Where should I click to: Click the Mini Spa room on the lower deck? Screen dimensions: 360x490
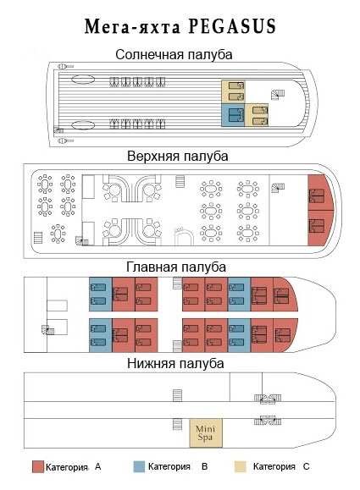206,432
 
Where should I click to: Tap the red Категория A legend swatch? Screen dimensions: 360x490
38,466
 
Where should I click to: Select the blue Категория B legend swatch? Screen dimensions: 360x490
139,466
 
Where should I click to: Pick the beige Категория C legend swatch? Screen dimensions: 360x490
241,466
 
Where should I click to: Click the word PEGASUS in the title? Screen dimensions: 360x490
232,26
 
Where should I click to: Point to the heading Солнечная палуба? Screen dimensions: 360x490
174,55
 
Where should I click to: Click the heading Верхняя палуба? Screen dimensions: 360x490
177,156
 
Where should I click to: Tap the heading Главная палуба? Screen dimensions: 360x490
176,267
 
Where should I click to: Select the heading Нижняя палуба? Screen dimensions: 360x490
175,363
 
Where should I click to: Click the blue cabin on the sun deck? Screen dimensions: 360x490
233,115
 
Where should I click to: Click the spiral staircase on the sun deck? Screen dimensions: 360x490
278,95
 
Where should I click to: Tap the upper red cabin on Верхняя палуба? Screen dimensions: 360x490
320,192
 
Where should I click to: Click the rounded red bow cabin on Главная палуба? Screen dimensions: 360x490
284,295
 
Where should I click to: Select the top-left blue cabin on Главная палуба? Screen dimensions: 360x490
101,294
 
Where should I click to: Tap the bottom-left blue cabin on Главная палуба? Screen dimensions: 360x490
101,335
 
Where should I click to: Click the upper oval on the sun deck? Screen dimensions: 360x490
83,80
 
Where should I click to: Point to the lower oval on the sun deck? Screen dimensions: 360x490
83,125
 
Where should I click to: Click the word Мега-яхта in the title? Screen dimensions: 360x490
133,27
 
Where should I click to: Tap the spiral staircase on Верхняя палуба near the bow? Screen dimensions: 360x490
278,188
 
